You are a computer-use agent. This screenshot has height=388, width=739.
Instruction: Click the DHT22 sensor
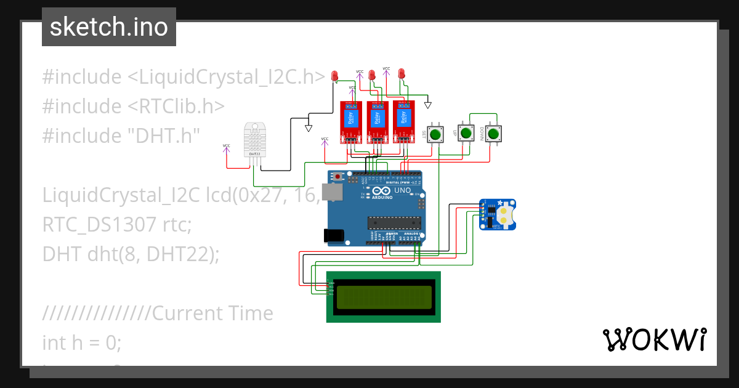(x=254, y=139)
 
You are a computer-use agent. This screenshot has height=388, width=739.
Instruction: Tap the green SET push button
(x=436, y=134)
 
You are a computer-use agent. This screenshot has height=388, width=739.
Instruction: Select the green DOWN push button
(x=493, y=134)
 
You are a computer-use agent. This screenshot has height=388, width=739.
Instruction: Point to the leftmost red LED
(x=335, y=76)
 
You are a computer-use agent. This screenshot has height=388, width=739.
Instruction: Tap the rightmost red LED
(x=402, y=73)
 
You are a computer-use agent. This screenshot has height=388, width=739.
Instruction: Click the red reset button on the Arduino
(x=338, y=177)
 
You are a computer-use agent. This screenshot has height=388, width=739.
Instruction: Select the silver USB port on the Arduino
(x=333, y=193)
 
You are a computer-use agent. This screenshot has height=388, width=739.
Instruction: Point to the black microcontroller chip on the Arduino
(x=394, y=222)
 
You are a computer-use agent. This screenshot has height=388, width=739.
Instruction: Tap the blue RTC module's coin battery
(x=505, y=214)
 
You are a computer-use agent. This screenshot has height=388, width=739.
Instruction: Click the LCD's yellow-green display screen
(x=383, y=296)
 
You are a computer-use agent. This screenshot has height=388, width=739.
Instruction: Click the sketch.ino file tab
(x=109, y=27)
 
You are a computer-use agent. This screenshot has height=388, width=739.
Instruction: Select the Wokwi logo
(x=654, y=339)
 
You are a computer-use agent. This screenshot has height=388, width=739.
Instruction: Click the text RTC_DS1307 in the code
(x=100, y=225)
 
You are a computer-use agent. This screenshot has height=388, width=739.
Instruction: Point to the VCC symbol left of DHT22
(x=227, y=148)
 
